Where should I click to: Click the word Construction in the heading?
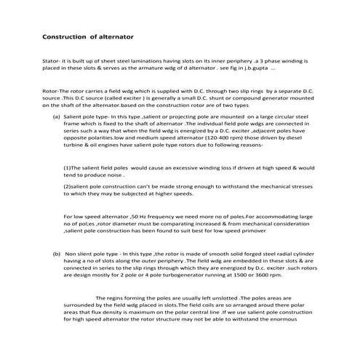[63, 35]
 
